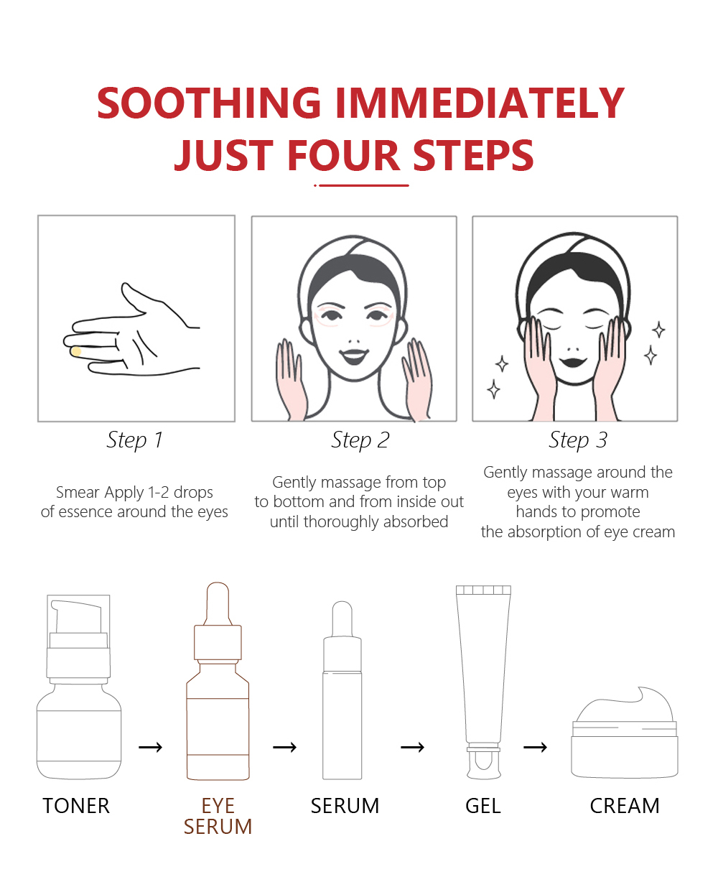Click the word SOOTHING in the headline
point(209,103)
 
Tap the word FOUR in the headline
point(344,155)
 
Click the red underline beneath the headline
point(361,185)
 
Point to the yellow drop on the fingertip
point(75,351)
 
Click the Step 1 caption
point(135,440)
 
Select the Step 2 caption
point(360,440)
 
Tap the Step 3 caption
point(578,440)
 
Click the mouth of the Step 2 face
point(354,356)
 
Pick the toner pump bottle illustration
point(79,687)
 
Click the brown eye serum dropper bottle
point(218,681)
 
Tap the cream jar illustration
point(625,732)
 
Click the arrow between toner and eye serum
point(150,748)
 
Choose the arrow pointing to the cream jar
point(535,748)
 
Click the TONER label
point(76,806)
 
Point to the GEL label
point(483,806)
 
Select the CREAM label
point(625,806)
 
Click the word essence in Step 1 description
point(85,512)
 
